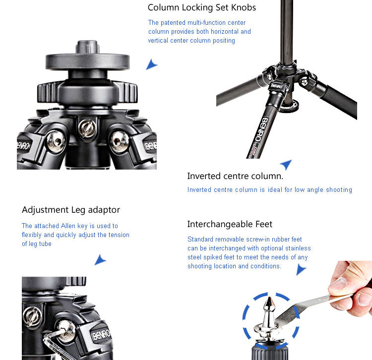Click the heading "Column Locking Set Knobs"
click(x=202, y=7)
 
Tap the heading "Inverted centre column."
click(x=235, y=176)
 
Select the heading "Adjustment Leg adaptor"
click(x=71, y=210)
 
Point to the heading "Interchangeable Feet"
click(x=230, y=224)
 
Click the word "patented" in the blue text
click(x=173, y=22)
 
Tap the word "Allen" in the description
click(x=68, y=226)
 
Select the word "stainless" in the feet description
click(x=298, y=248)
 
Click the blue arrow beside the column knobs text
click(x=151, y=64)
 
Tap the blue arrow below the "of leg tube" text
click(x=100, y=260)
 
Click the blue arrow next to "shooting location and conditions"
click(x=301, y=270)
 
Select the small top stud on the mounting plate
click(x=87, y=47)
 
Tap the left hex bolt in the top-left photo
click(x=56, y=141)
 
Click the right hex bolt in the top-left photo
click(x=120, y=142)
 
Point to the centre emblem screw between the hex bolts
click(x=87, y=128)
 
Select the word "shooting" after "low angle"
click(x=339, y=190)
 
